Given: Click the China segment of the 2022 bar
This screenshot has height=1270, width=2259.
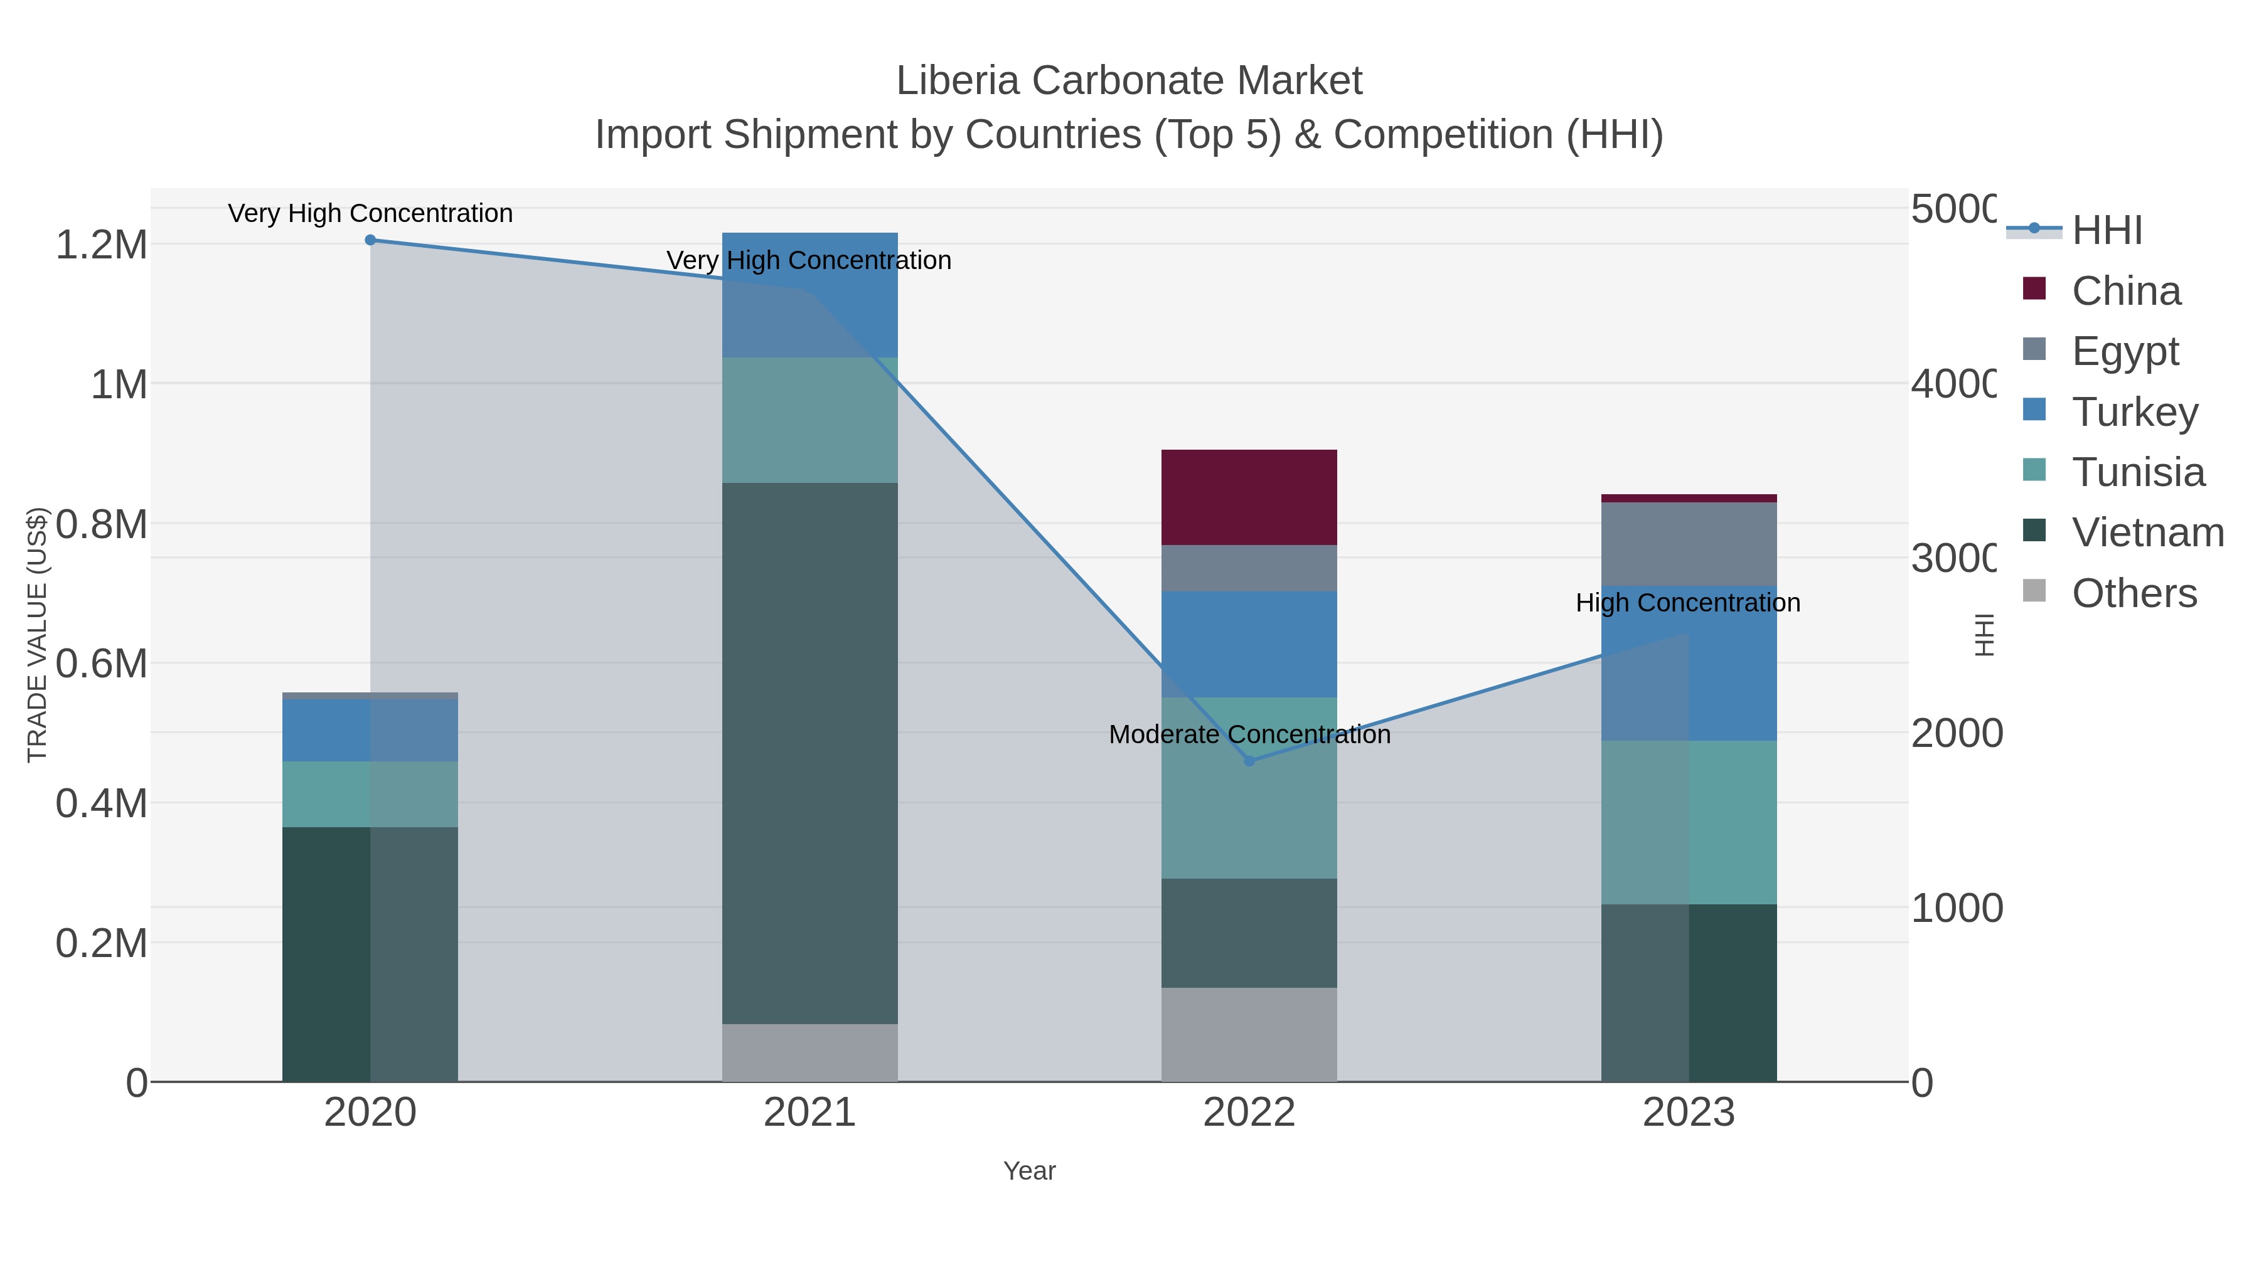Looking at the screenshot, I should click(1249, 497).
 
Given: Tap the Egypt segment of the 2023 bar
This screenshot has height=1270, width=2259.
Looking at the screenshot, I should click(1688, 543).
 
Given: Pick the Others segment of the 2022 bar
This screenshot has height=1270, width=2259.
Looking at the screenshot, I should click(1249, 1034).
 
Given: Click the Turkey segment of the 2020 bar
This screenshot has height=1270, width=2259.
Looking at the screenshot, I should click(369, 730).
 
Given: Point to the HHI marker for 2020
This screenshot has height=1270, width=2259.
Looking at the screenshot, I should click(370, 240).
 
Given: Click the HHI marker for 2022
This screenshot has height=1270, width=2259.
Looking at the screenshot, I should click(1249, 761).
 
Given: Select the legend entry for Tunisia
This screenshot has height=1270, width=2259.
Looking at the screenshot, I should click(2137, 472).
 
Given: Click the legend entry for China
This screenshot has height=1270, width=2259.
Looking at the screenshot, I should click(2125, 291).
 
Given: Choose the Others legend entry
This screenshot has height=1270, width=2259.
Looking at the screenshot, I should click(2133, 593).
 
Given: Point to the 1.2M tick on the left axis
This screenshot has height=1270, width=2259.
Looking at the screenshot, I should click(102, 245).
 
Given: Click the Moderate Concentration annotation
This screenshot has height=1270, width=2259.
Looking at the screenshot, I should click(1249, 734).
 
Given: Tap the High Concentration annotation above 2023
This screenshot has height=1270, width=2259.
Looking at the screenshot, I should click(1688, 603).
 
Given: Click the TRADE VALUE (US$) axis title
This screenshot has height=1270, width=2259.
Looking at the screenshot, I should click(37, 635).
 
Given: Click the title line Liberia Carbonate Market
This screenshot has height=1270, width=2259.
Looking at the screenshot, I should click(1129, 81).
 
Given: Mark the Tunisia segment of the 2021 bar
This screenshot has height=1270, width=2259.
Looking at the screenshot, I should click(809, 420).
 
